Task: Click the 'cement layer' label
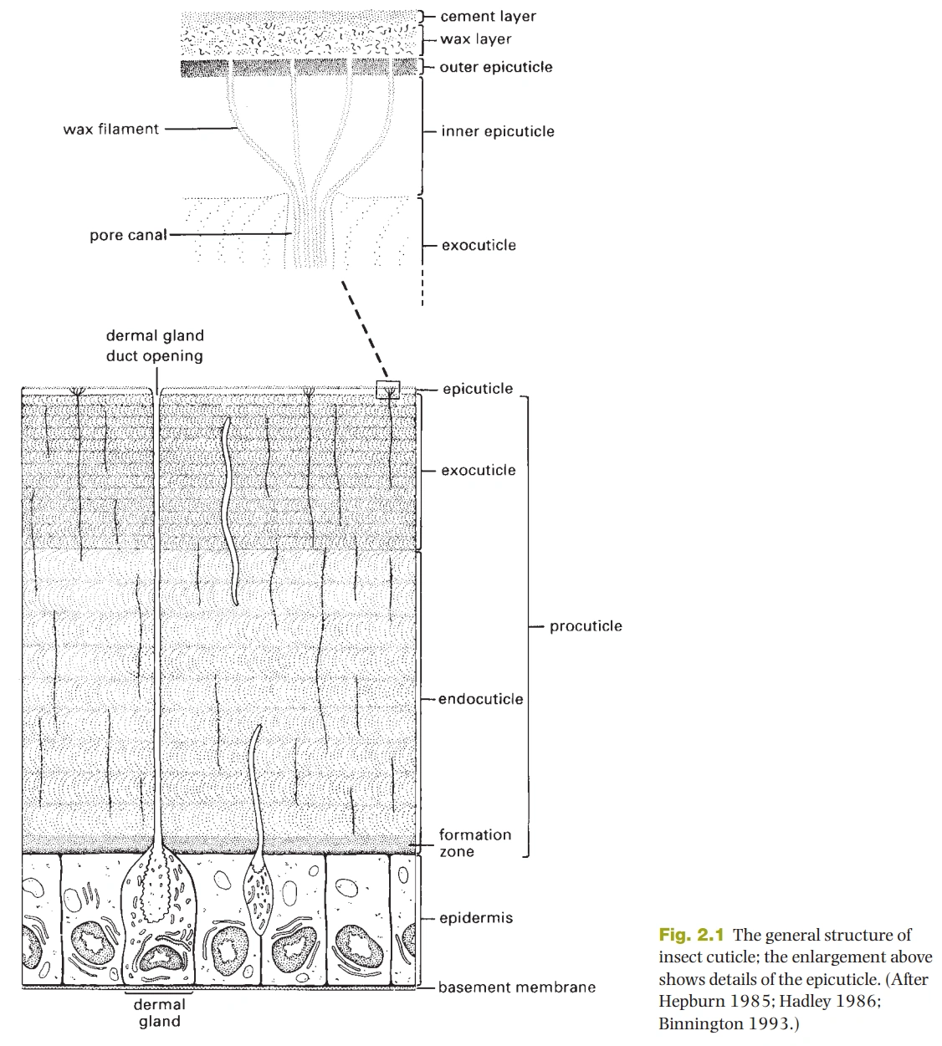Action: (x=488, y=17)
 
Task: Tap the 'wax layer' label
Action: (x=475, y=39)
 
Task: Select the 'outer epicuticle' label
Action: (x=496, y=67)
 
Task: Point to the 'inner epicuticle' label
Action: (x=498, y=131)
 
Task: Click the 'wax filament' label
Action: (x=110, y=129)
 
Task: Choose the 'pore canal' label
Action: (x=128, y=235)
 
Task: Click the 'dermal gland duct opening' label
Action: (x=155, y=345)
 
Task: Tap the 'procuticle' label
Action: (x=586, y=626)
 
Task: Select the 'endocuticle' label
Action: (x=481, y=699)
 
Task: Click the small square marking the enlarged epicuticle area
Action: (x=388, y=382)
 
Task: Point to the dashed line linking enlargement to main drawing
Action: (x=365, y=329)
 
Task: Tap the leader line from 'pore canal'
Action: (x=231, y=235)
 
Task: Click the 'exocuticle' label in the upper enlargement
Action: (x=479, y=245)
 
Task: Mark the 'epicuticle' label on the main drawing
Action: (x=478, y=389)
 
